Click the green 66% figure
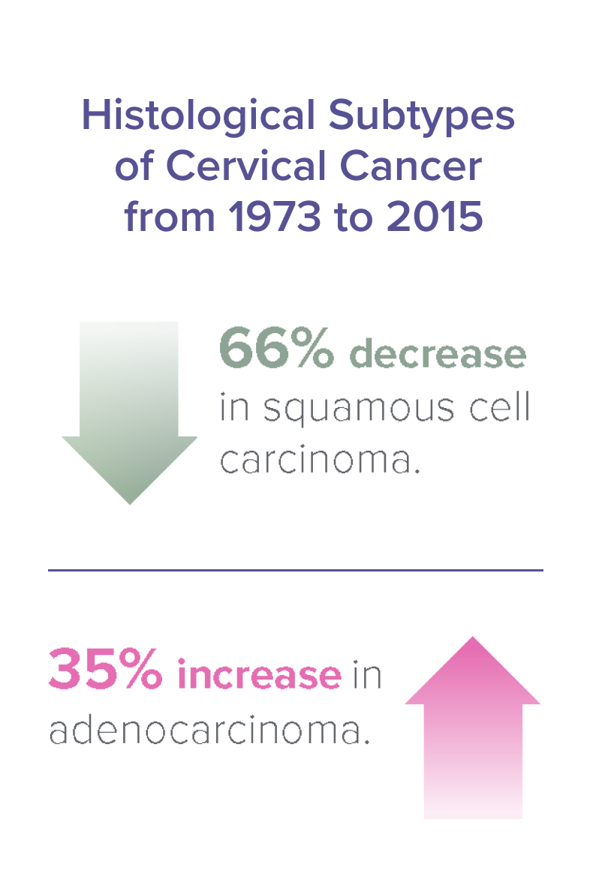click(x=276, y=350)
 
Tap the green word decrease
click(x=438, y=353)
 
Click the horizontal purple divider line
click(x=295, y=570)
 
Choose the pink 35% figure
click(x=106, y=670)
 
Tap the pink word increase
click(x=259, y=674)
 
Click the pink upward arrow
click(x=472, y=727)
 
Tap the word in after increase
click(x=367, y=674)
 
